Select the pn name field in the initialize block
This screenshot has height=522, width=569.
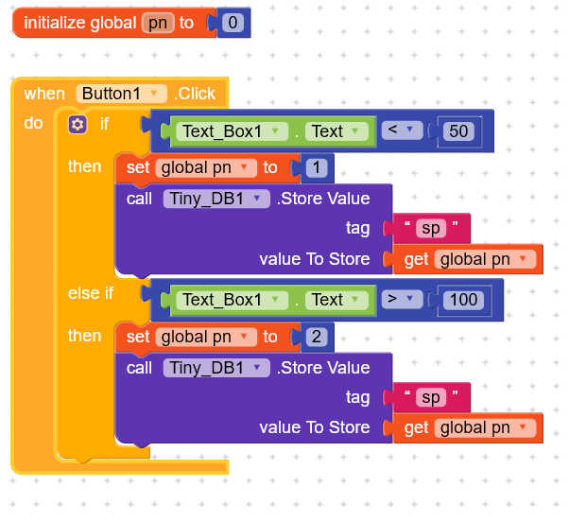pyautogui.click(x=158, y=23)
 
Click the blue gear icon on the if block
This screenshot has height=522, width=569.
pyautogui.click(x=78, y=124)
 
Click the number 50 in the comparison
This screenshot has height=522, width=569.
pyautogui.click(x=459, y=131)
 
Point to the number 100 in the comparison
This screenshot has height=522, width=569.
pyautogui.click(x=463, y=300)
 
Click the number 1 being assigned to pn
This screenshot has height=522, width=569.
pyautogui.click(x=316, y=167)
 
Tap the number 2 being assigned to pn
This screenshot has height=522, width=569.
pyautogui.click(x=316, y=337)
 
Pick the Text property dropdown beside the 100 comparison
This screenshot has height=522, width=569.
pyautogui.click(x=336, y=300)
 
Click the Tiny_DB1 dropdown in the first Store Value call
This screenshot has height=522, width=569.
pyautogui.click(x=216, y=199)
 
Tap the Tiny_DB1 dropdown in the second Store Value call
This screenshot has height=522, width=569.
pyautogui.click(x=216, y=368)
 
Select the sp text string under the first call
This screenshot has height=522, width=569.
pyautogui.click(x=430, y=228)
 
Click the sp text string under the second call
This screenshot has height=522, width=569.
pyautogui.click(x=430, y=397)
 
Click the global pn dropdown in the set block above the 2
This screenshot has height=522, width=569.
pyautogui.click(x=206, y=337)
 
